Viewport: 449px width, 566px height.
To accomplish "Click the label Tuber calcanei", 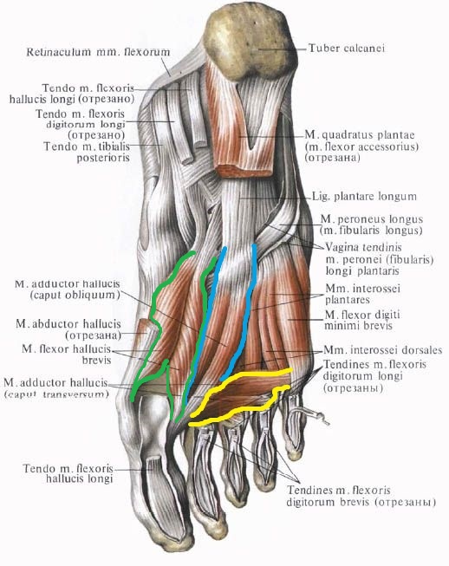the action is point(346,48).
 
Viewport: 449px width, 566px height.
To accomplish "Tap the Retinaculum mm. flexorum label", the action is point(98,52).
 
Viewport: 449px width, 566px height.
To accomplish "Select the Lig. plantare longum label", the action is point(364,197).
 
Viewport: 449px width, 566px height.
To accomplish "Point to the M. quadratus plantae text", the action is point(360,135).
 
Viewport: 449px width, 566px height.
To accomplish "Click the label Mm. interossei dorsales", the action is point(383,350).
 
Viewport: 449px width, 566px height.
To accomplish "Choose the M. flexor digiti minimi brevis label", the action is point(362,320).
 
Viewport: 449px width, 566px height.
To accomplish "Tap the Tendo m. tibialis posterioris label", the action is point(87,152).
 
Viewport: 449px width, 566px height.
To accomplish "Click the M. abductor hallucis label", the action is point(68,324).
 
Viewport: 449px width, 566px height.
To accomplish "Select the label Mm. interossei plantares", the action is point(362,294).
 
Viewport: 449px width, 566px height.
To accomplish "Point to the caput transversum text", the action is point(56,394).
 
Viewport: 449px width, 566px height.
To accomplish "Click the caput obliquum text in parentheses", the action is point(75,295).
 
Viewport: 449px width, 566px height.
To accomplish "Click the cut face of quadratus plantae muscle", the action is point(244,171).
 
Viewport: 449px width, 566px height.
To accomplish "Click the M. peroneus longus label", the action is point(371,224).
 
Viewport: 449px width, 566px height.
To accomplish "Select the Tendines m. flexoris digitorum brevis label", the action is point(361,497).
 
